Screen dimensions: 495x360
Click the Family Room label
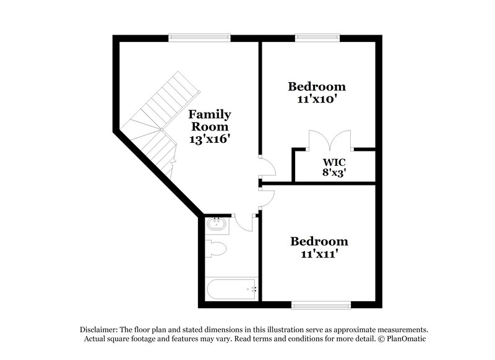(x=210, y=120)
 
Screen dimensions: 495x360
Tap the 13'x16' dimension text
(x=209, y=139)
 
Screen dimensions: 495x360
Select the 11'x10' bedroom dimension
(x=317, y=99)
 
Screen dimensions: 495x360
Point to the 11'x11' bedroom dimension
(x=319, y=254)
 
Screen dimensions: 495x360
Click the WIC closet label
(x=334, y=163)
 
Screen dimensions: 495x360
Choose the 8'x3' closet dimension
(x=333, y=173)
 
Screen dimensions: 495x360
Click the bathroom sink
(x=217, y=225)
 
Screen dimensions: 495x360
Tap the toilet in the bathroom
(x=216, y=249)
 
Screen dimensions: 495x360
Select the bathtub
(x=231, y=289)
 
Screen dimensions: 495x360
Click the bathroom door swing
(x=244, y=225)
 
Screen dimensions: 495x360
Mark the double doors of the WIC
(x=330, y=140)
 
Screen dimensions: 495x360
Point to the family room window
(x=199, y=38)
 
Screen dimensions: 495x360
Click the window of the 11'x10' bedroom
(x=317, y=38)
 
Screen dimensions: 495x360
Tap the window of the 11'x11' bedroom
(x=321, y=305)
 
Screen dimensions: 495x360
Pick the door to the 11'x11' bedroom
(x=268, y=198)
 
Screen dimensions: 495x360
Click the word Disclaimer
(x=99, y=330)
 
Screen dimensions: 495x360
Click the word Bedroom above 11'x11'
(x=319, y=241)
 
